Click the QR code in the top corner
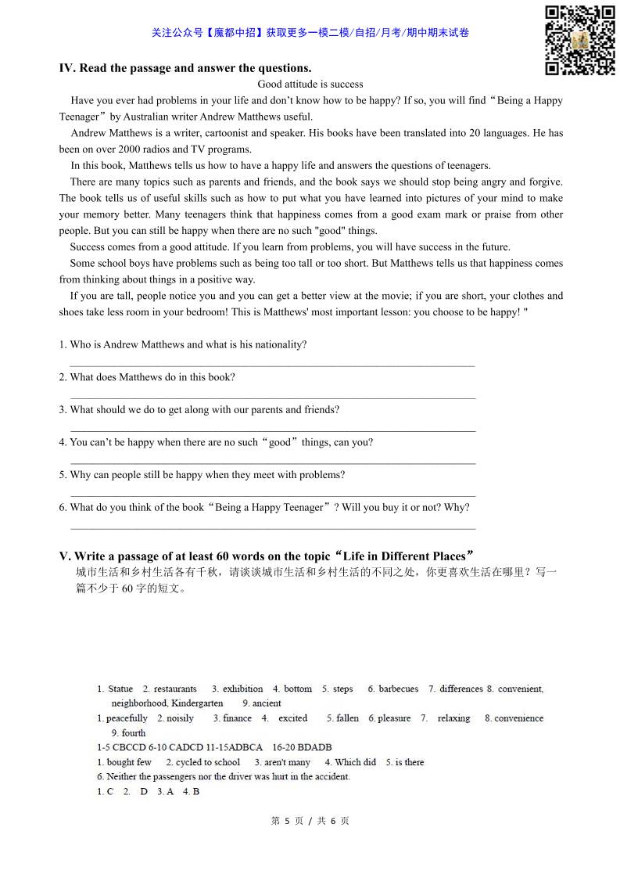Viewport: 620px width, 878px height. (x=579, y=40)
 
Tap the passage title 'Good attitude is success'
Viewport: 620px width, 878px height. (x=310, y=84)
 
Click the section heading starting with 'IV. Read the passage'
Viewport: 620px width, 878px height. (x=185, y=68)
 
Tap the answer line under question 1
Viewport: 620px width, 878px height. (x=272, y=365)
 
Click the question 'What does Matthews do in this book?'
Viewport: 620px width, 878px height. (x=152, y=377)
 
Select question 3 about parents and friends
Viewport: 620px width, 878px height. (x=204, y=409)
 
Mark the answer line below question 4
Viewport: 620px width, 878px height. (x=272, y=463)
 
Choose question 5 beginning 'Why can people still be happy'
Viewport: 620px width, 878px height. (x=206, y=474)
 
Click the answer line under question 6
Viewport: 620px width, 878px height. (x=272, y=528)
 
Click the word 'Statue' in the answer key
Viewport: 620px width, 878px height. (x=120, y=689)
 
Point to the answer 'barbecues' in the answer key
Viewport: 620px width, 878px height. (x=399, y=689)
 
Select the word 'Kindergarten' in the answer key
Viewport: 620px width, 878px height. (x=196, y=703)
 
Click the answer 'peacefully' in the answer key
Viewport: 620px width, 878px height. (x=127, y=718)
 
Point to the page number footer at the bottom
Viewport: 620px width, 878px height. (x=310, y=821)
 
